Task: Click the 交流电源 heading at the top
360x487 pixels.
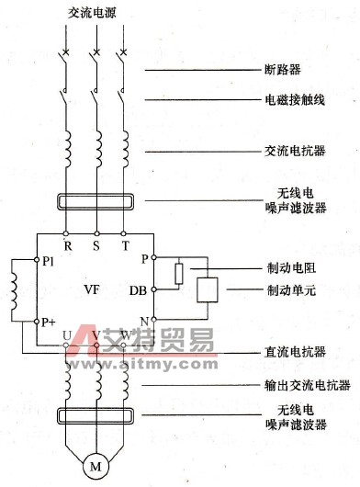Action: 94,16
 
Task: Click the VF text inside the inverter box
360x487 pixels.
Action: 92,289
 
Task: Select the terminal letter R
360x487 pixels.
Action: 67,245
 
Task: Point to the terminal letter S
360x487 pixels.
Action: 94,245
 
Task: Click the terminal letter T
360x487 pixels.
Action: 123,245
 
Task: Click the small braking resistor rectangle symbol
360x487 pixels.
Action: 180,273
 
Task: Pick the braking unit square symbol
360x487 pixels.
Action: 208,289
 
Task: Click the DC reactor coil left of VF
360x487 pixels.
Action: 13,289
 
